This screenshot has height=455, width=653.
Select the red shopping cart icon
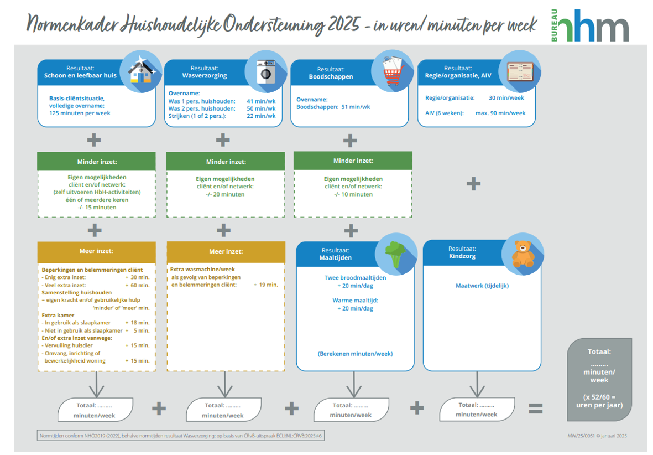pos(392,71)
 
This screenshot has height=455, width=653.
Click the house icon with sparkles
pos(140,71)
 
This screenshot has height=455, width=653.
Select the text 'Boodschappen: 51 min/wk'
pos(333,107)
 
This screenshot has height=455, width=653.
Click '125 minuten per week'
pos(80,113)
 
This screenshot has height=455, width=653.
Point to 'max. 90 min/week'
pos(500,113)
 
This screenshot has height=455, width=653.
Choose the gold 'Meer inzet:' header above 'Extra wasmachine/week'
pos(225,251)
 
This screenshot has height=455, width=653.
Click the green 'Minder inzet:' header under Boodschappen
pos(353,161)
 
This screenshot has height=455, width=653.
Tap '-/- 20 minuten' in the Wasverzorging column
pos(225,194)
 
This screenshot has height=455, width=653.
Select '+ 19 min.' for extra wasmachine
pos(265,285)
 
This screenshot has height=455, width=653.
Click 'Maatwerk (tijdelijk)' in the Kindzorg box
pos(482,286)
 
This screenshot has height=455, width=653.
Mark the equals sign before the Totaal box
pos(535,409)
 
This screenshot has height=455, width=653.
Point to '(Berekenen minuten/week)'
pos(355,354)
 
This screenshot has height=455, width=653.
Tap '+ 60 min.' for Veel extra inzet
pos(137,285)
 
